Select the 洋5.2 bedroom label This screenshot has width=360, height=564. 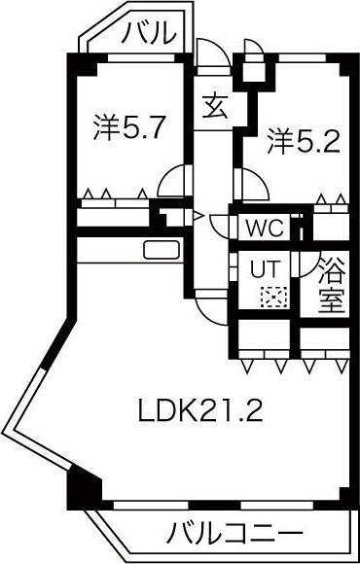(x=303, y=143)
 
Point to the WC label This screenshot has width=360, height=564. (x=264, y=229)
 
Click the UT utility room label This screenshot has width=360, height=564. (x=265, y=267)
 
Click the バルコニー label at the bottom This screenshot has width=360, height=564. (x=233, y=534)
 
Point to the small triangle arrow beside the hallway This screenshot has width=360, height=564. (x=198, y=215)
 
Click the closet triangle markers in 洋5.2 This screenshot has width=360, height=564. (x=331, y=201)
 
